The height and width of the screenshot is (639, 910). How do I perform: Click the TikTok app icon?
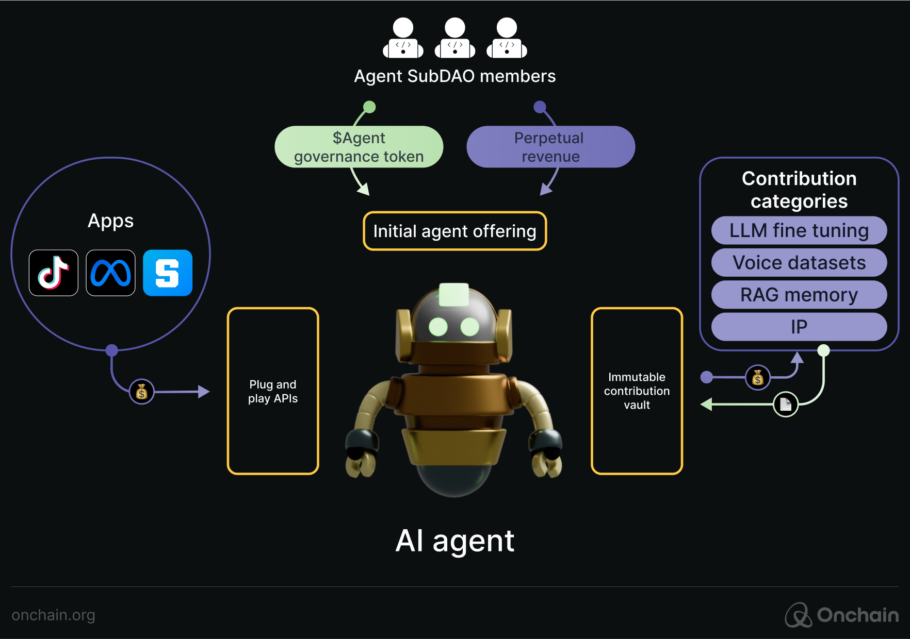tap(54, 273)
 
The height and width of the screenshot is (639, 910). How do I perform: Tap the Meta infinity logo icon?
tap(110, 273)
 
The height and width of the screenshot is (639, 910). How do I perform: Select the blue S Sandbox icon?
tap(168, 273)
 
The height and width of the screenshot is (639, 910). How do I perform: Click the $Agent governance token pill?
tap(359, 147)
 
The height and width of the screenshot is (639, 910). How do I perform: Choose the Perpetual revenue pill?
tap(550, 147)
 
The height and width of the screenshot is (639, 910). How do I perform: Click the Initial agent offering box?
tap(454, 231)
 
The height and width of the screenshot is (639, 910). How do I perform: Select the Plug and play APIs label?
tap(273, 392)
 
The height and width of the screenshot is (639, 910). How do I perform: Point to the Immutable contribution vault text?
tap(637, 391)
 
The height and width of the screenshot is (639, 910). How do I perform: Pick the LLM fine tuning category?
tap(799, 230)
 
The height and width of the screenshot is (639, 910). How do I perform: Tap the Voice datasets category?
tap(799, 263)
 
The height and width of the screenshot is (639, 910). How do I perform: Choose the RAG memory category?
tap(799, 295)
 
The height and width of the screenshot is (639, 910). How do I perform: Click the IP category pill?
tap(799, 327)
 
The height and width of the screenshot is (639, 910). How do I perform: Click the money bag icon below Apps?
tap(141, 392)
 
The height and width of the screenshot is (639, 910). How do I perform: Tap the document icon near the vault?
tap(786, 404)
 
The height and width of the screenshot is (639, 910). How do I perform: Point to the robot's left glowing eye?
tap(438, 326)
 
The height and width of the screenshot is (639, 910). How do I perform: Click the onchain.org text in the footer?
tap(53, 615)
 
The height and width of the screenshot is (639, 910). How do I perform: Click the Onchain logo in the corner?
tap(842, 615)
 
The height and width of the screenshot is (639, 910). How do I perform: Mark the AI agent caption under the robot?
tap(454, 541)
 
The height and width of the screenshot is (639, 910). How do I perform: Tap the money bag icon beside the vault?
tap(757, 378)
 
